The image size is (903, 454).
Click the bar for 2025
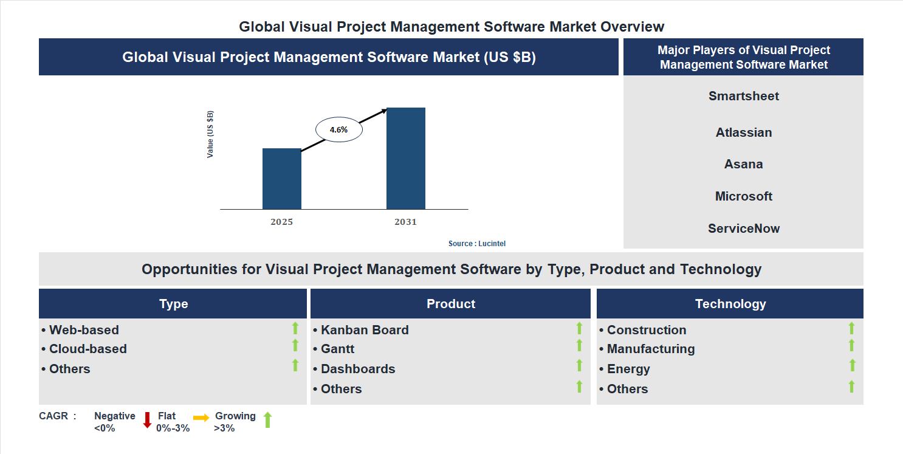coord(281,179)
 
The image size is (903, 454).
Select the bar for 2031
coord(405,159)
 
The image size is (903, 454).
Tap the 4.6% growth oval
coord(338,129)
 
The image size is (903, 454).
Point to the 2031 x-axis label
coord(405,222)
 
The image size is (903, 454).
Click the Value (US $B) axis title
coord(210,134)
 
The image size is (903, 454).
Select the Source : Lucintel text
coord(477,244)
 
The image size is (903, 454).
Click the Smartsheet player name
coord(743,96)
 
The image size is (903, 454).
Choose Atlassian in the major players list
coord(743,132)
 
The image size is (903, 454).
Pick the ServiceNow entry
coord(743,229)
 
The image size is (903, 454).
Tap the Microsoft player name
coord(743,196)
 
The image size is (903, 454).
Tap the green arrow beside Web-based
coord(295,328)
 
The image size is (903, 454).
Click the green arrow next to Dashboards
coord(579,365)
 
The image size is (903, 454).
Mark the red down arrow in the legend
coord(147,420)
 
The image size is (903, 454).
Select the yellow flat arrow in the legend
coord(201,418)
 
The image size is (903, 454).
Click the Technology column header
coord(730,304)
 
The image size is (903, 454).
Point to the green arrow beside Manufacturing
coord(851,345)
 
